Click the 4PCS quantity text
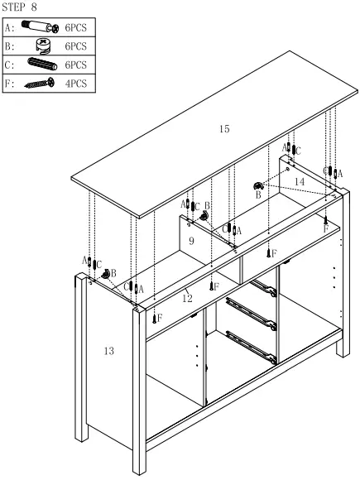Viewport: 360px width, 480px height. (75, 83)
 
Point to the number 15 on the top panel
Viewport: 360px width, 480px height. (223, 129)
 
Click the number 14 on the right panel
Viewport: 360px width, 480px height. (299, 181)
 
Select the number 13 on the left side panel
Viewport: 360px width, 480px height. (109, 351)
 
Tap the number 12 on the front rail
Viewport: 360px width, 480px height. (187, 298)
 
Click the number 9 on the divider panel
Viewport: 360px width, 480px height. (190, 241)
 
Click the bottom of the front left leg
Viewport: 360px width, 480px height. (137, 468)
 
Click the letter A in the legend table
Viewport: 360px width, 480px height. (9, 26)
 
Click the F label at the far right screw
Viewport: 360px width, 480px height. (326, 228)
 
